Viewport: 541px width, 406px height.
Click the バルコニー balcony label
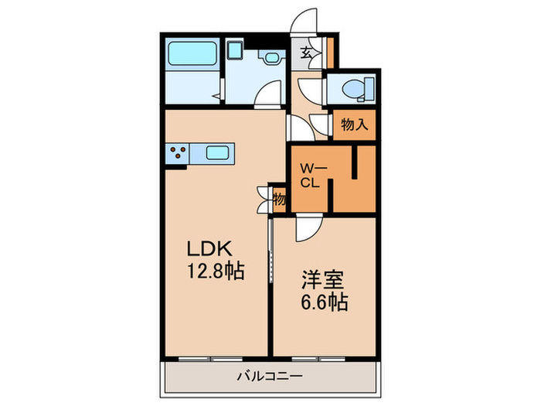point(269,377)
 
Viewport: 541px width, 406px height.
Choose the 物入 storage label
point(354,125)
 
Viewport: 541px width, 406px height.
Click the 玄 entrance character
point(307,54)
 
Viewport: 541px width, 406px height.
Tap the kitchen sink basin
point(218,153)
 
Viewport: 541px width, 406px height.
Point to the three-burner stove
point(177,153)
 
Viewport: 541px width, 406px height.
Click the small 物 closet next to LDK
point(280,199)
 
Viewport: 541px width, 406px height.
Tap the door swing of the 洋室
point(308,229)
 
